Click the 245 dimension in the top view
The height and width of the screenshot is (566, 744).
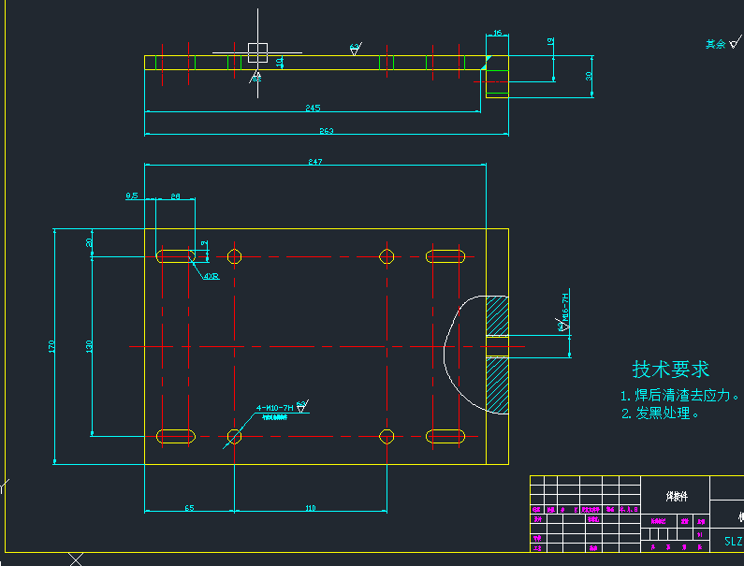coord(313,108)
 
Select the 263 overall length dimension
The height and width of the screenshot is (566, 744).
coord(326,131)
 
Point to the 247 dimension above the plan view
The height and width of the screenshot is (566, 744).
coord(314,162)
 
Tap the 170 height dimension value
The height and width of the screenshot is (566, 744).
coord(51,346)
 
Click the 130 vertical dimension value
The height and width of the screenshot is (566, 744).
coord(89,346)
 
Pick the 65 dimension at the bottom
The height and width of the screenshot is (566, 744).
coord(189,508)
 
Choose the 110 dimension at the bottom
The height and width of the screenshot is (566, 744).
coord(311,508)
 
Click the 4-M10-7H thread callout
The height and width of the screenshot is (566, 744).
coord(275,408)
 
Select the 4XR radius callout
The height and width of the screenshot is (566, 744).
coord(211,276)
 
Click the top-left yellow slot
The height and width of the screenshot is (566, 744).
coord(176,256)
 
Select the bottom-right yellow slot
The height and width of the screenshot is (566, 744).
coord(446,436)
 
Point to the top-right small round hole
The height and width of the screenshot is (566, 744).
coord(387,256)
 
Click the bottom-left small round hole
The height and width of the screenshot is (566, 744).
coord(234,436)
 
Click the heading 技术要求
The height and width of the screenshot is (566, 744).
coord(670,369)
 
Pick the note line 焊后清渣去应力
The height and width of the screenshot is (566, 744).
coord(680,395)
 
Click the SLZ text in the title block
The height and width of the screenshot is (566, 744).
coord(734,541)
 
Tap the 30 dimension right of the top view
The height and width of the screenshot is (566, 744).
coord(589,77)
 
